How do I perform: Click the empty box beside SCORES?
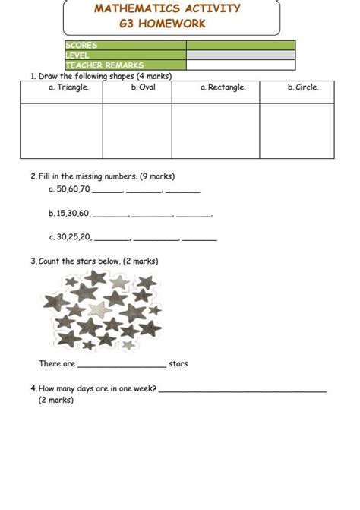click(x=240, y=46)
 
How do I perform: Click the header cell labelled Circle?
click(x=303, y=87)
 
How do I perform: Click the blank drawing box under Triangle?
click(x=62, y=130)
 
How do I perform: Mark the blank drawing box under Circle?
click(x=303, y=130)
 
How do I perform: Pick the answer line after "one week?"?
click(x=243, y=390)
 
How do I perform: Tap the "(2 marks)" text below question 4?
click(x=56, y=401)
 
